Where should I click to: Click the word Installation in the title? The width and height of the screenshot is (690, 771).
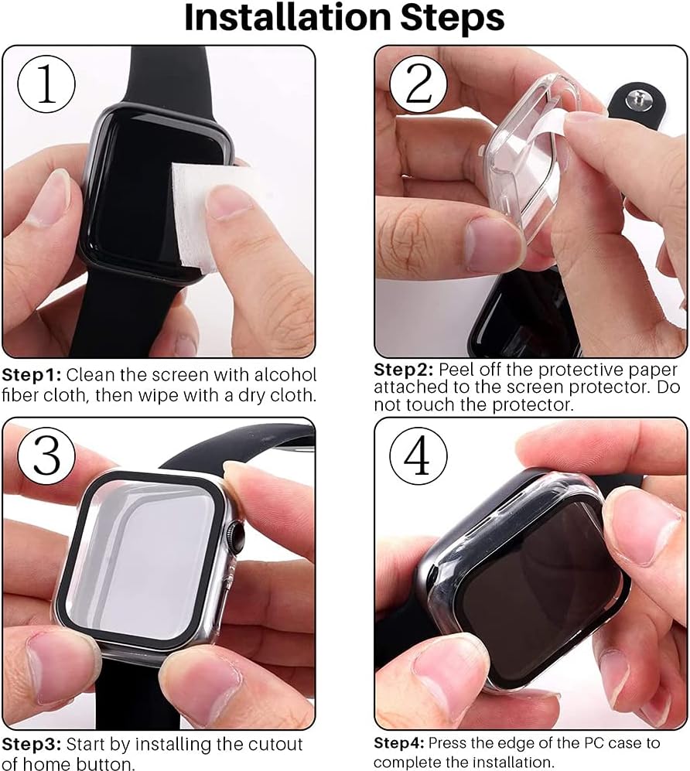click(288, 17)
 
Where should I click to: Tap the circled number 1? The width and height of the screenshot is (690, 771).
click(46, 84)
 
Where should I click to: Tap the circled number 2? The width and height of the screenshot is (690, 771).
click(418, 84)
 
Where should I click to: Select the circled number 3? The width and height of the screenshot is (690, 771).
click(46, 455)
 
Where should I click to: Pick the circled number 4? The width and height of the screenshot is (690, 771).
click(418, 455)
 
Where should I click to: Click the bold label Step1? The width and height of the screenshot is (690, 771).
click(32, 376)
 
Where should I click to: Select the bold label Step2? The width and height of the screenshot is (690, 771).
click(403, 370)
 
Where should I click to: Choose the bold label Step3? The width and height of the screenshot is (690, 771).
click(32, 745)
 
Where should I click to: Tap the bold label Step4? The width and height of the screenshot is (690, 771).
click(399, 742)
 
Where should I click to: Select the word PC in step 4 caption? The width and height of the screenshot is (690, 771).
click(593, 742)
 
